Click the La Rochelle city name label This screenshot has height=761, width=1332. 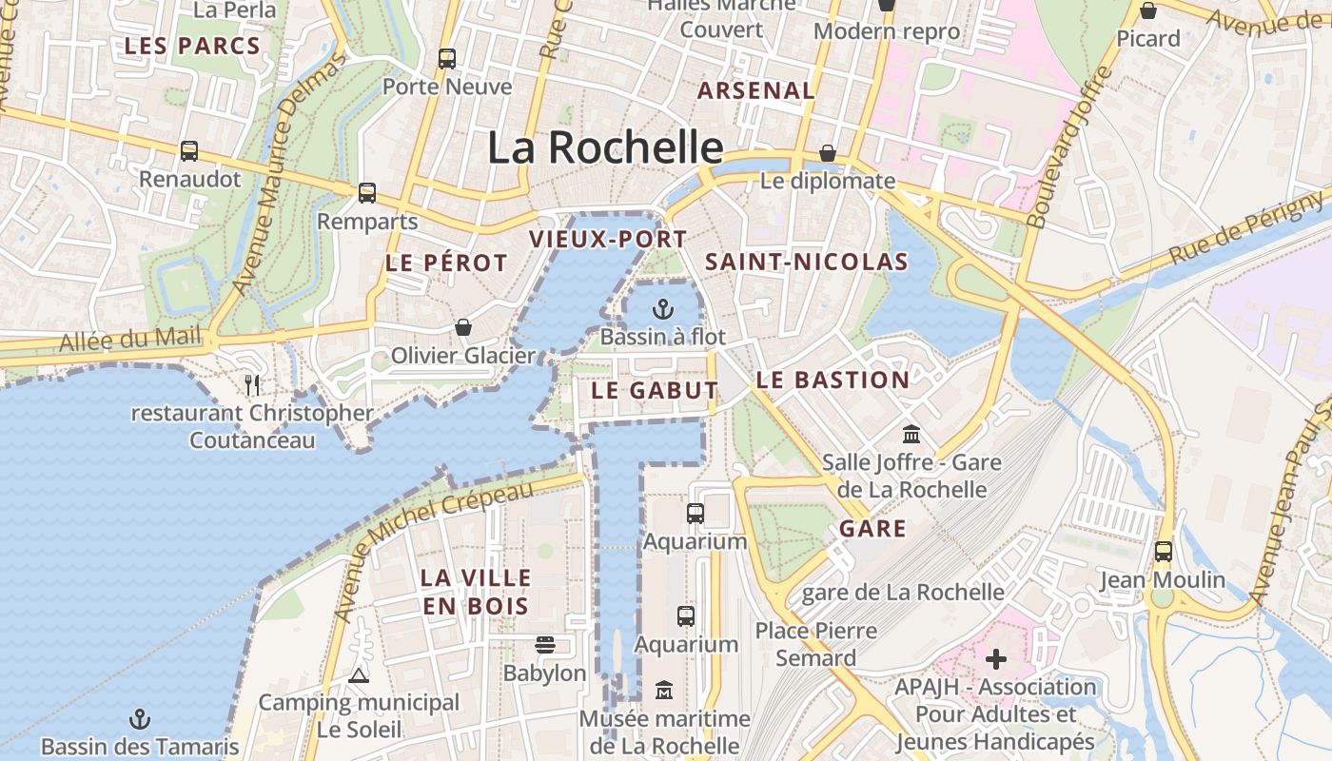coord(605,147)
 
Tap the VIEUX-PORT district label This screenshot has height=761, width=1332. coord(608,239)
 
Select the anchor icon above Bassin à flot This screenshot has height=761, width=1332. coord(663,309)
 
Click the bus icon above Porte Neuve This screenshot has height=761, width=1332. coord(447,59)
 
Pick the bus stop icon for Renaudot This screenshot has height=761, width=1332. coord(189,151)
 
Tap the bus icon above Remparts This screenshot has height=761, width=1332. coord(367,193)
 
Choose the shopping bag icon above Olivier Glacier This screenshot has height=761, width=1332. coord(463,328)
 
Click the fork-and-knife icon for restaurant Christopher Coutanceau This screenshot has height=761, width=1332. coord(252,385)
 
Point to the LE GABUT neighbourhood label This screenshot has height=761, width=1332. coord(655,390)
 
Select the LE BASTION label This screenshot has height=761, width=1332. coord(832,380)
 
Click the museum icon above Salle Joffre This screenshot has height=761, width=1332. coord(911,435)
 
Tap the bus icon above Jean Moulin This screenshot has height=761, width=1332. coord(1163,552)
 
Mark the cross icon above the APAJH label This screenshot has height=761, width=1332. coord(995,659)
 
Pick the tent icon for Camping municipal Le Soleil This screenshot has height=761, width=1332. coord(359,676)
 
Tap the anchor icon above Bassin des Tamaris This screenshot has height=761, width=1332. coord(140,719)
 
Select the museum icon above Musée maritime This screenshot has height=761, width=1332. coord(664,691)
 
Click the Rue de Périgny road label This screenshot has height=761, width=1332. coord(1246,227)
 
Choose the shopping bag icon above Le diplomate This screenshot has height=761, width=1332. coord(828,153)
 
